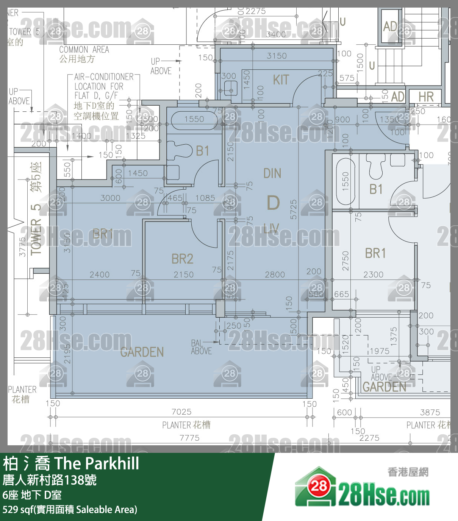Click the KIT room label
(281, 80)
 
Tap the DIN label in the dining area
(272, 173)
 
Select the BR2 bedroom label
(182, 259)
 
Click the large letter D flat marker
(273, 203)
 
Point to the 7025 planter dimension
(181, 412)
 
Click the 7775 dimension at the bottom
(189, 438)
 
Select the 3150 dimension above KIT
(277, 56)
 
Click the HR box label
(426, 97)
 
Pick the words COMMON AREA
(84, 50)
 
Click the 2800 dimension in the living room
(275, 275)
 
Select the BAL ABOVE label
(201, 347)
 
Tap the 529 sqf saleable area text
(70, 510)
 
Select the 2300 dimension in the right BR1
(373, 275)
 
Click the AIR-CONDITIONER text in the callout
(104, 77)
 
